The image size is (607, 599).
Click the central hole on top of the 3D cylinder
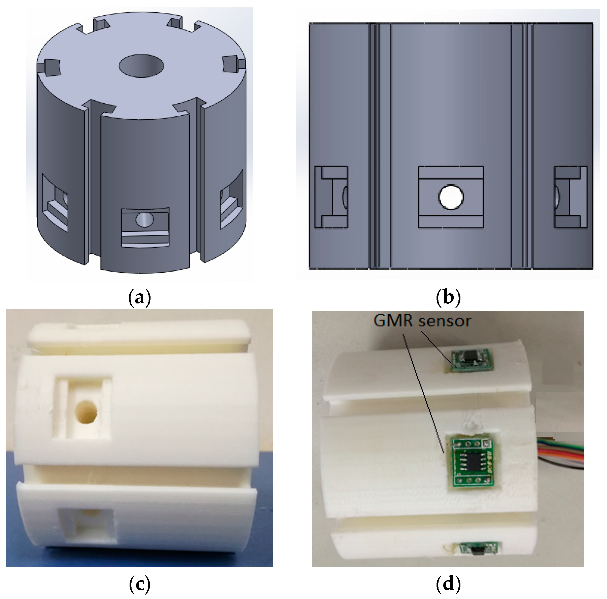(141, 65)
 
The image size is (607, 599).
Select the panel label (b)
(448, 297)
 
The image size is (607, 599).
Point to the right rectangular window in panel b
(571, 197)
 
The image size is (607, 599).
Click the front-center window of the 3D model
(145, 227)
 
